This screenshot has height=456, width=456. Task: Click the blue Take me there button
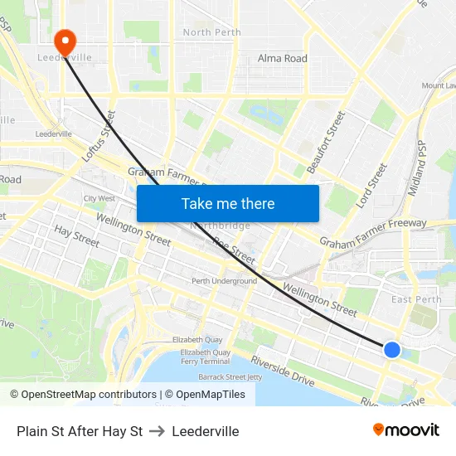(x=228, y=203)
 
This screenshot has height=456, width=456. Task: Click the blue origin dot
(x=392, y=350)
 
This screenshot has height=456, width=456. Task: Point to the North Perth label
(x=211, y=32)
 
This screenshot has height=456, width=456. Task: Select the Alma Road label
(x=282, y=58)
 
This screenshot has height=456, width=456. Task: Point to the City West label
(x=99, y=199)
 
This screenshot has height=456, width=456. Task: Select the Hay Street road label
(x=76, y=235)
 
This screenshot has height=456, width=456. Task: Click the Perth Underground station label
(x=224, y=281)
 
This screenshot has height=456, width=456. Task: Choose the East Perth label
(x=416, y=299)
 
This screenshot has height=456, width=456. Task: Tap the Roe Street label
(x=234, y=246)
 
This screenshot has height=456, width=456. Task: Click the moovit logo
(x=406, y=430)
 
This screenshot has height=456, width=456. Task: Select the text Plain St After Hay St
(x=80, y=431)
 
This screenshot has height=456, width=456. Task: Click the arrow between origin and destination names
(x=157, y=431)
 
